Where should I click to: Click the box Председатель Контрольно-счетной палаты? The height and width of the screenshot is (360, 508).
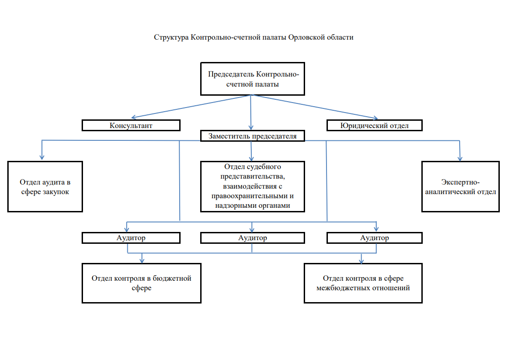point(252,79)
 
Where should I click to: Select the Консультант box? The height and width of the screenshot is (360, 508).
point(131,125)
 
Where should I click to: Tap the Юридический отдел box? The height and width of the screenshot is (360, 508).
point(374,125)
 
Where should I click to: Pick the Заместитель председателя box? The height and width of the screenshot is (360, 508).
point(252,136)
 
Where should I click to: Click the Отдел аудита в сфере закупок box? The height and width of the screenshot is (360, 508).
point(45,186)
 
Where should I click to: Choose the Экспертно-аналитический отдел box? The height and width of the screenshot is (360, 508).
point(461,186)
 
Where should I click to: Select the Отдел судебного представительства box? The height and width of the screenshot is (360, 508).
point(252,186)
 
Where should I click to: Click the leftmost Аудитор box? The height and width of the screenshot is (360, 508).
point(131,237)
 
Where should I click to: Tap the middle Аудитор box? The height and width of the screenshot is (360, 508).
point(252,237)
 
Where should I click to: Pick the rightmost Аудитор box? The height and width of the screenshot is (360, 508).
point(374,237)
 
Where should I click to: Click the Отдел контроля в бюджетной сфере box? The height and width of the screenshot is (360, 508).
point(141,283)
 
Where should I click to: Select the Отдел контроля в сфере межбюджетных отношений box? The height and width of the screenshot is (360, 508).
point(363,283)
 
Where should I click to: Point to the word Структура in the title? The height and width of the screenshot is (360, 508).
point(171,37)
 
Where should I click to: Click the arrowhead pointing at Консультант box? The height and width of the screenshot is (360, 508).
point(134,117)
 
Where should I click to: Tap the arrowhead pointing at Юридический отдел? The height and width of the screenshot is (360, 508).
point(375,118)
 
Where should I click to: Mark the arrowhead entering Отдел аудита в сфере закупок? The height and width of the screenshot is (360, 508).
point(42,157)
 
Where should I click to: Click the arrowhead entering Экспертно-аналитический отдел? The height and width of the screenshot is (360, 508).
point(460,158)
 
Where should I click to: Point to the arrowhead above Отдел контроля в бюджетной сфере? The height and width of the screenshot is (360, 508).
point(141,260)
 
